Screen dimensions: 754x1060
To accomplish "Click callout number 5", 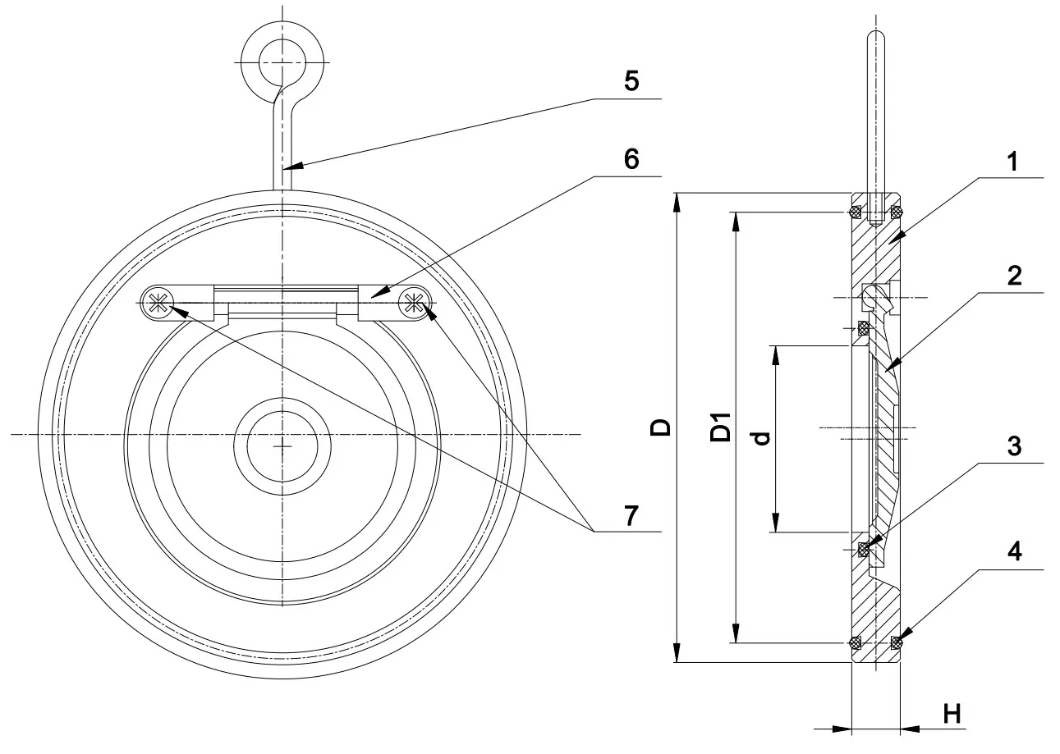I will click(629, 82).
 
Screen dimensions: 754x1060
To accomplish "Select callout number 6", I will click(629, 158).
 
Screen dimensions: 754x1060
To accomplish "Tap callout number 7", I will click(629, 517).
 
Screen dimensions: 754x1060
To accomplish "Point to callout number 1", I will click(1014, 162).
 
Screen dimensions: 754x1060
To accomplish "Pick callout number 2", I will click(1014, 276).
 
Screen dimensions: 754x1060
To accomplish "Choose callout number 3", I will click(1014, 446).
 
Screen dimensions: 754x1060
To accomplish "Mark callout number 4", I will click(1014, 552).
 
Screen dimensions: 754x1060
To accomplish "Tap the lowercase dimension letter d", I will click(762, 438).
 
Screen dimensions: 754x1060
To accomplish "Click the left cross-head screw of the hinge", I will click(159, 304).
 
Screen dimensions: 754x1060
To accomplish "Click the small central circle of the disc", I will click(282, 446).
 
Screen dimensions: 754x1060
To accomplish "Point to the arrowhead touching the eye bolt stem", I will click(293, 167).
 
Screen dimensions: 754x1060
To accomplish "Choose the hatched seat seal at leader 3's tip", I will click(864, 549).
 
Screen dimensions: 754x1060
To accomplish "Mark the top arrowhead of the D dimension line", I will click(677, 200).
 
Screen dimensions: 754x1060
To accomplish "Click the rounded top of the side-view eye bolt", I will click(875, 37).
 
